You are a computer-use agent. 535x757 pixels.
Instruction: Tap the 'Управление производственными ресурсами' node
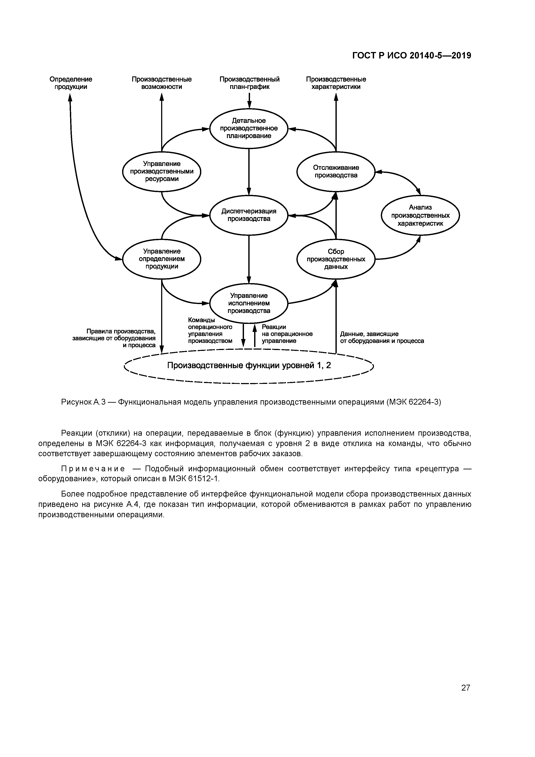point(162,171)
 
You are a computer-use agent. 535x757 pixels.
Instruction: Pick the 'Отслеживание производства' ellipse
point(336,171)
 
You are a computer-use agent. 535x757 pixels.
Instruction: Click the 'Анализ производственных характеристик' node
point(420,215)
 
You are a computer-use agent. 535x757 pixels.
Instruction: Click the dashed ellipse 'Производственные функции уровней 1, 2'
point(249,366)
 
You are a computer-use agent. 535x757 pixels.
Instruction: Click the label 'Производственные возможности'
point(162,83)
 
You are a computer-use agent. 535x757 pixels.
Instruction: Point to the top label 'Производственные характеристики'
point(336,83)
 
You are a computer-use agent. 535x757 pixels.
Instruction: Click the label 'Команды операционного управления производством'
point(210,330)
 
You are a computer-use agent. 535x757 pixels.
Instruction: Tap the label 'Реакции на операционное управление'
point(287,334)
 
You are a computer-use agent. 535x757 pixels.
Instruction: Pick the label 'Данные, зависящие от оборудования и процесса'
point(382,338)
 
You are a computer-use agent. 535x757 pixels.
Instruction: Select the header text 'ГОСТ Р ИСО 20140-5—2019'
point(411,56)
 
